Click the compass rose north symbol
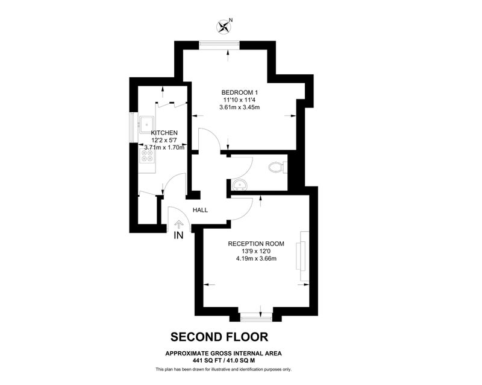point(224,26)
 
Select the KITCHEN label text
point(164,133)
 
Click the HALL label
point(200,210)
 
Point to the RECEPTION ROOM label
point(256,244)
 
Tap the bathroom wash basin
point(239,185)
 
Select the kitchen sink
point(147,124)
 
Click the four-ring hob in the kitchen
point(146,156)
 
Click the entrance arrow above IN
point(178,224)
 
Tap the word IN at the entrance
point(178,235)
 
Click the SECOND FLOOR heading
point(219,337)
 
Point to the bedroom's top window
point(219,45)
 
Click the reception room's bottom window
point(257,318)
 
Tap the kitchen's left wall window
point(133,128)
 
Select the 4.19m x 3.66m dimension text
point(256,258)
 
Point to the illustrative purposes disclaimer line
point(224,369)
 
